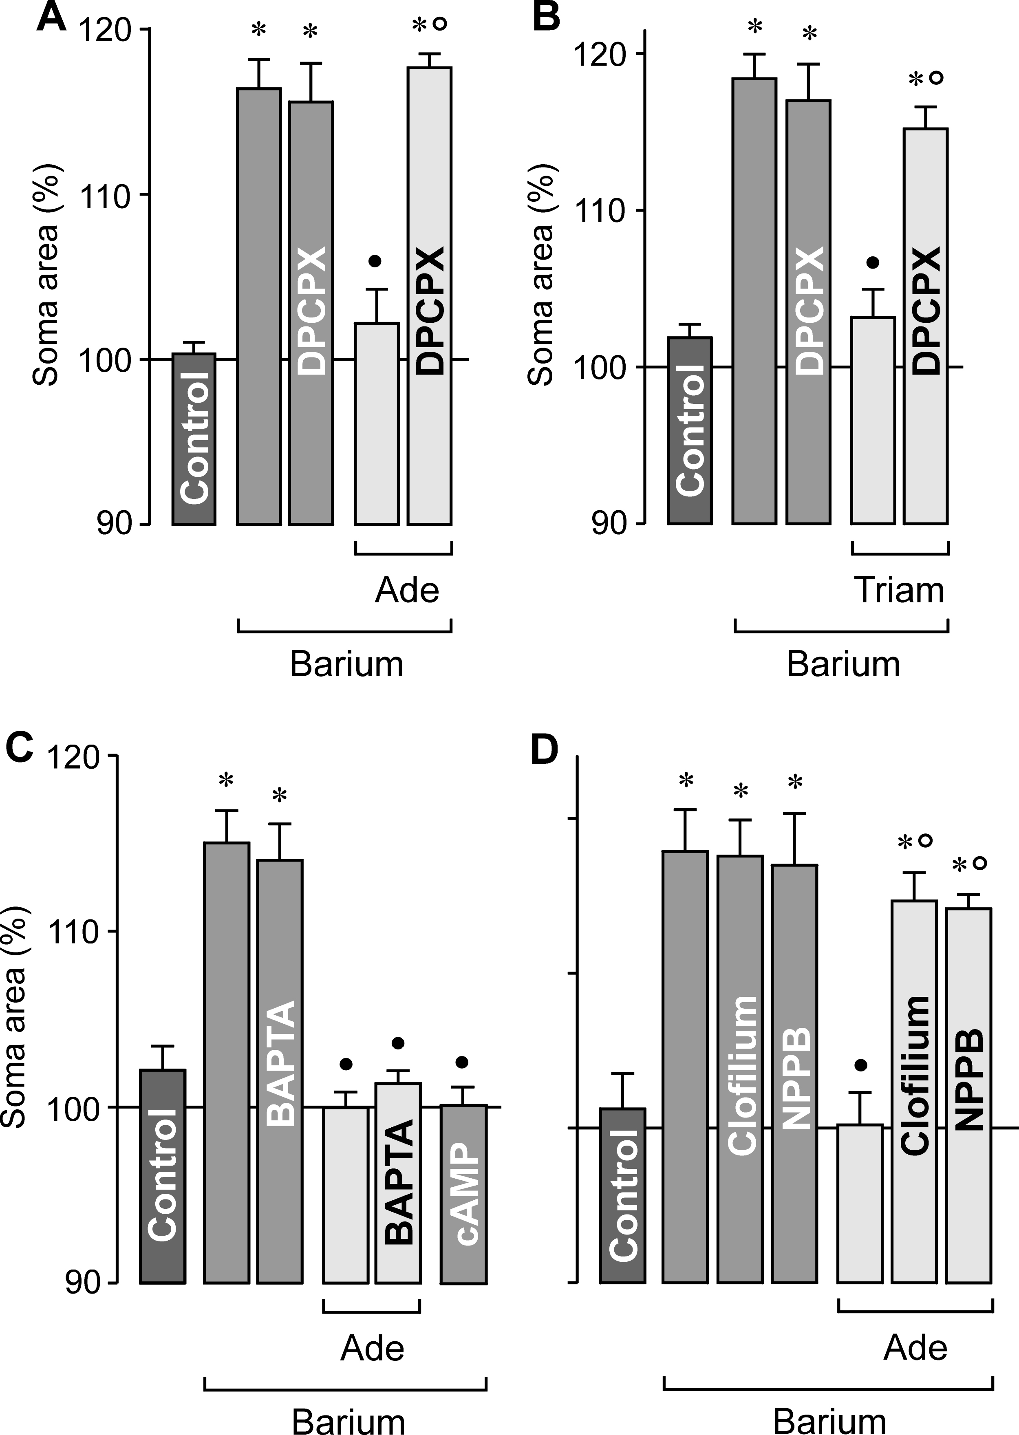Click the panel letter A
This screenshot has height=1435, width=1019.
point(51,18)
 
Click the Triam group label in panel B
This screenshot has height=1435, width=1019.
point(899,591)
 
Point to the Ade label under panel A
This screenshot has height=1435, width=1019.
point(407,591)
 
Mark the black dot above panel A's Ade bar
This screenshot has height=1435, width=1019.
point(375,261)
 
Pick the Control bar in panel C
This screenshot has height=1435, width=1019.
point(163,1176)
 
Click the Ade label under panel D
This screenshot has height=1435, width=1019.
point(915,1348)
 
